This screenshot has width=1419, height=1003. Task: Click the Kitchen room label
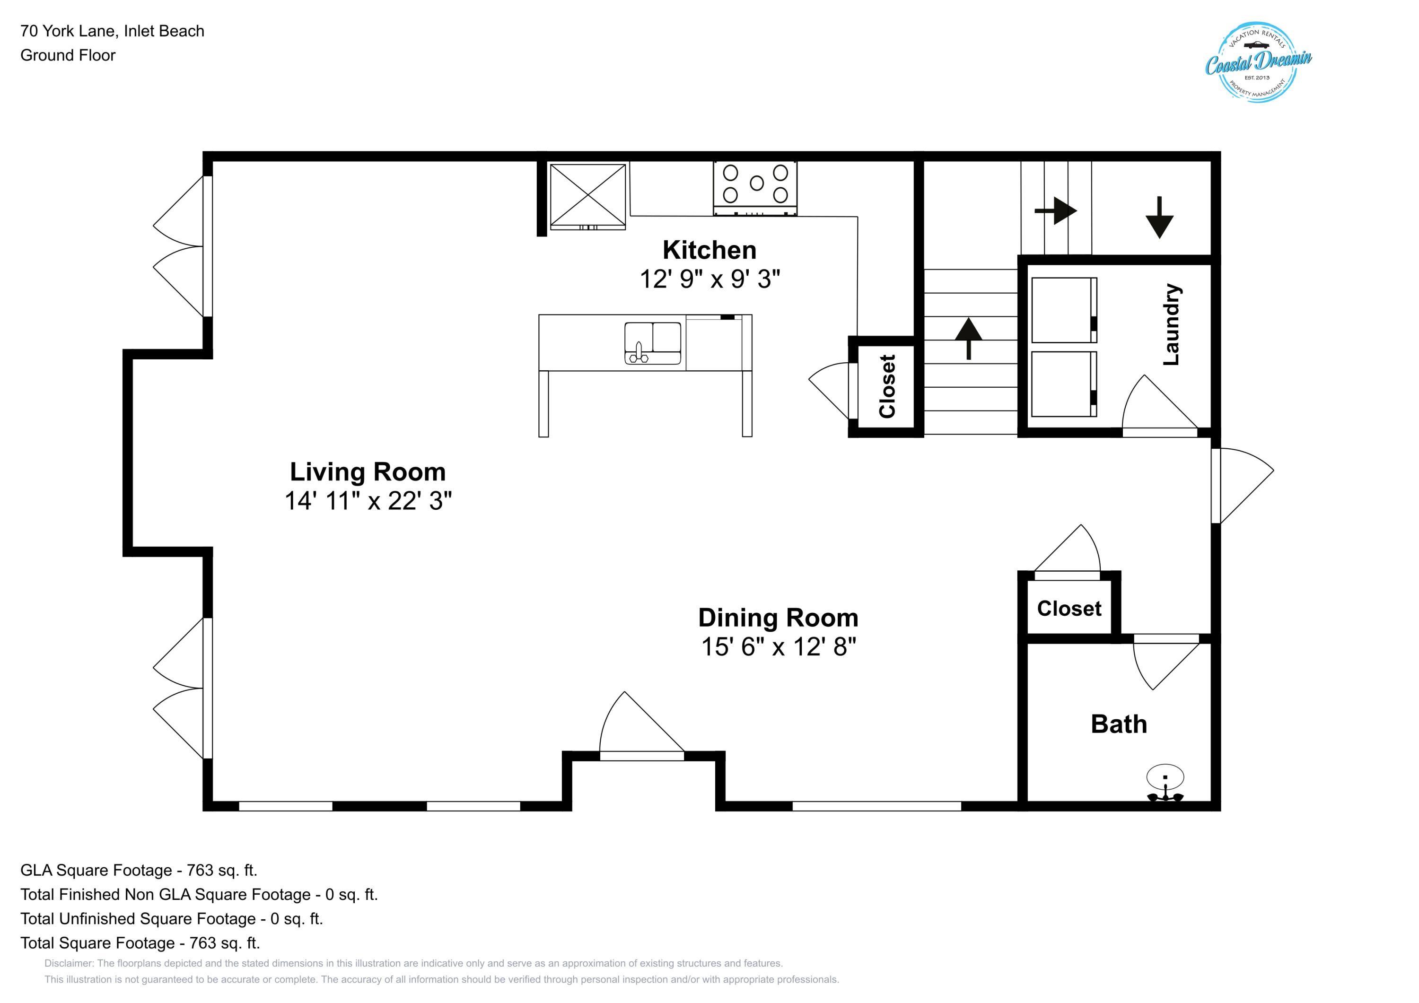tap(709, 250)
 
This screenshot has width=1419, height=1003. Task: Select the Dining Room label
tap(778, 618)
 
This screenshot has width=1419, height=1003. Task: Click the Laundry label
tap(1171, 324)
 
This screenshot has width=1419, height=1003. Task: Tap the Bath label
tap(1118, 724)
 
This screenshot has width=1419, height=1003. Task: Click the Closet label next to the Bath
tap(1069, 609)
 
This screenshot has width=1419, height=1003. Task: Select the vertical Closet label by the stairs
tap(887, 386)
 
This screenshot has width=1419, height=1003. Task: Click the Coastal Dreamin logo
tap(1258, 62)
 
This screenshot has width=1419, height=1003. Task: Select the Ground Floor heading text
tap(68, 55)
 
